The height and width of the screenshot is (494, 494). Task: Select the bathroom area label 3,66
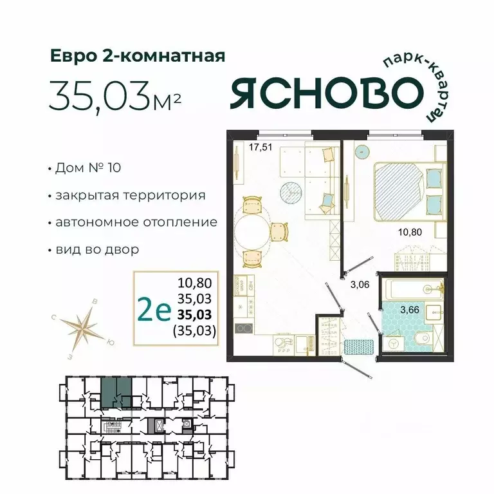pyautogui.click(x=410, y=310)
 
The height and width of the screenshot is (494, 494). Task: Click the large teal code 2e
pyautogui.click(x=154, y=311)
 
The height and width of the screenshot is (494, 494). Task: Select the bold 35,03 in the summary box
pyautogui.click(x=196, y=315)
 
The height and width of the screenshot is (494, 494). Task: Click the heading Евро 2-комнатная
pyautogui.click(x=138, y=56)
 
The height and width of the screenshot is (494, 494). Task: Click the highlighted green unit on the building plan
pyautogui.click(x=116, y=392)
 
